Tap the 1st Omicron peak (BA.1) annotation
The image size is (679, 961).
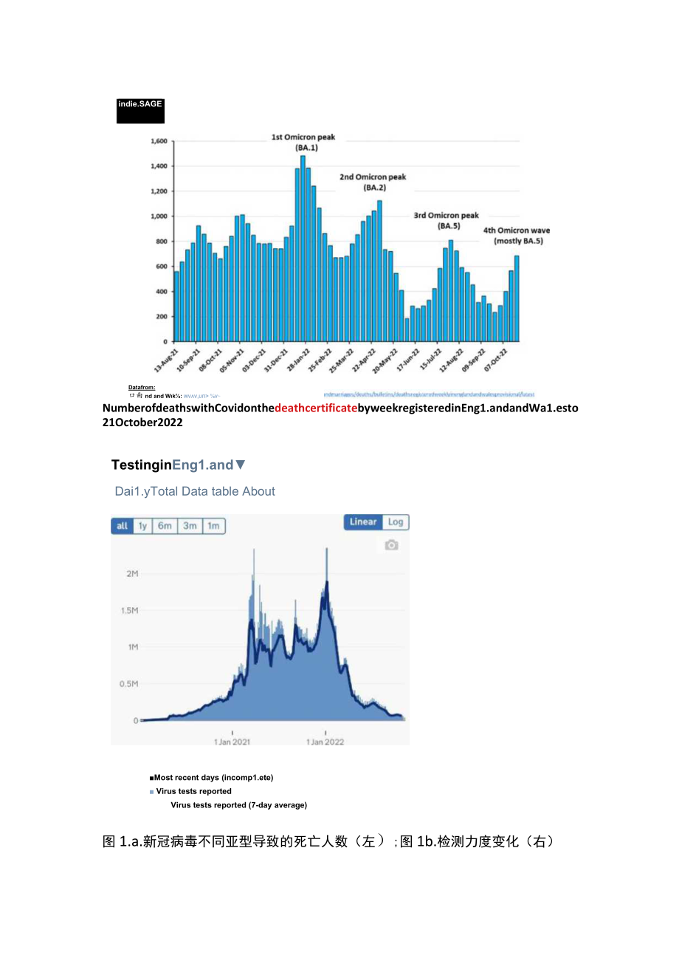[x=303, y=143]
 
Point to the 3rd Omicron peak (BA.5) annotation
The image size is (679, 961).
[x=446, y=221]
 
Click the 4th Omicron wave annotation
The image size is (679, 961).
[x=517, y=236]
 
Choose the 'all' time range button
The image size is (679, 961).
[x=122, y=526]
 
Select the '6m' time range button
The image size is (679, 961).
[x=165, y=526]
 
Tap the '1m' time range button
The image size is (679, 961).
[x=213, y=526]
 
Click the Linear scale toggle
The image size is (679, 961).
[x=363, y=522]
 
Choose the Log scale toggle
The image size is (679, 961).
[x=396, y=522]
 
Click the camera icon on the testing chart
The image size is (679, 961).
[x=391, y=545]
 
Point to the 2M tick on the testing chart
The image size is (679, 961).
[x=131, y=574]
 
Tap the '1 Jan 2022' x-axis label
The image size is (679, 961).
[x=325, y=742]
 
